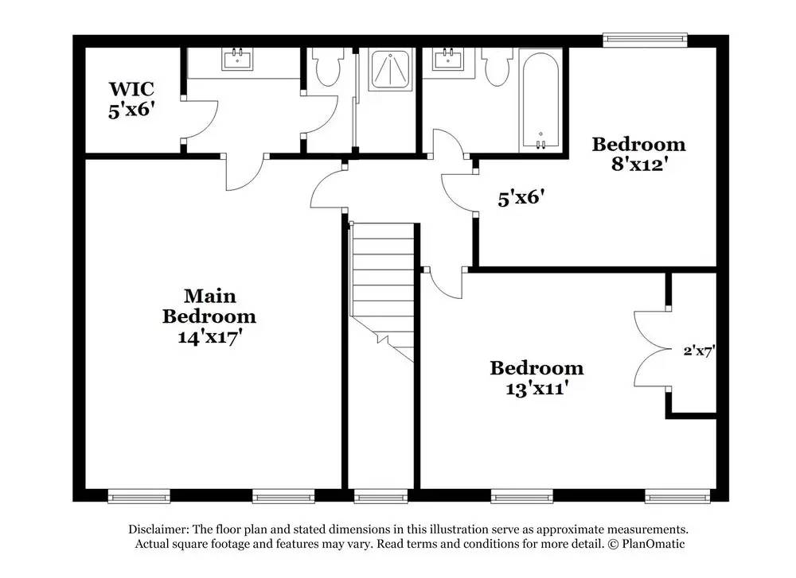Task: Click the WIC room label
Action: tap(131, 87)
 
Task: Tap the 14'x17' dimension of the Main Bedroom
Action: tap(209, 336)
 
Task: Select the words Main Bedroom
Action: tap(209, 306)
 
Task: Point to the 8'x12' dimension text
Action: tap(638, 165)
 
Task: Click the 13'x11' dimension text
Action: tap(536, 389)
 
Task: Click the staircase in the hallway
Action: tap(384, 290)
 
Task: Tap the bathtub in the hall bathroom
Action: tap(540, 99)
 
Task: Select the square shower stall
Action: tap(390, 70)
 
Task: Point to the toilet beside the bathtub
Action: tap(497, 68)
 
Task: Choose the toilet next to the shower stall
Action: tap(327, 68)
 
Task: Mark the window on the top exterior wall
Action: tap(644, 37)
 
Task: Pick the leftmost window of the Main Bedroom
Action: tap(139, 498)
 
